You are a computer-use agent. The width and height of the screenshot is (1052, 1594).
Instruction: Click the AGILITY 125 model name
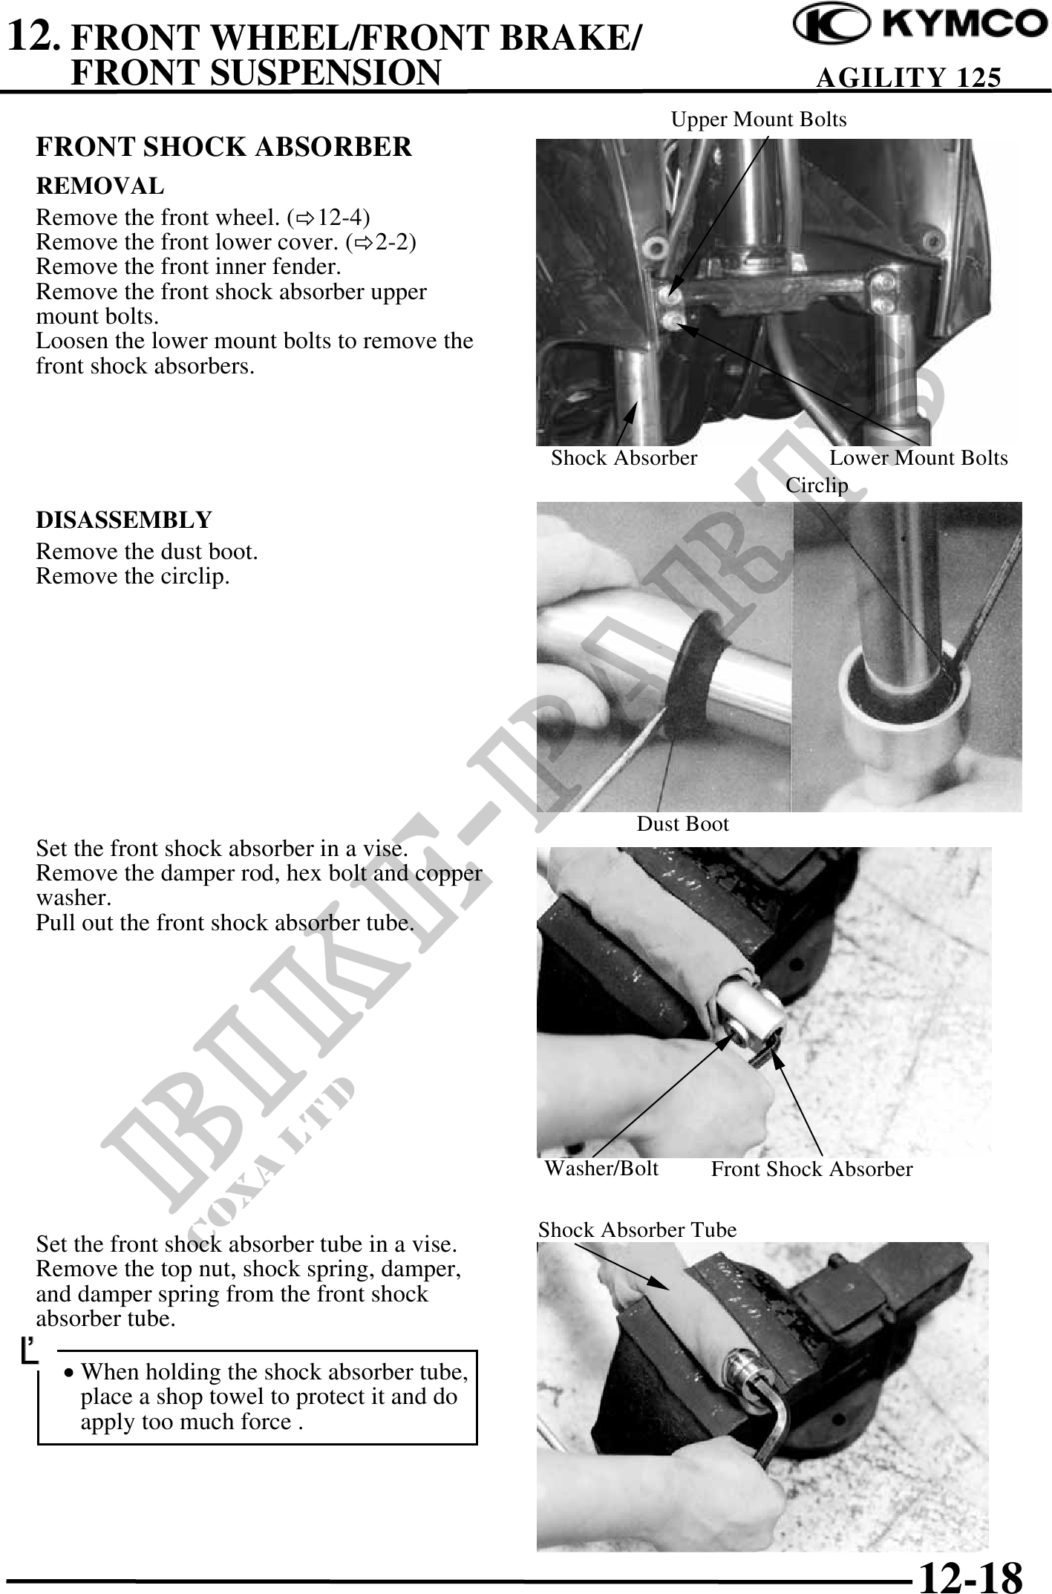908,77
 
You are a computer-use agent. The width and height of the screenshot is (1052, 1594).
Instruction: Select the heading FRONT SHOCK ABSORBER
224,147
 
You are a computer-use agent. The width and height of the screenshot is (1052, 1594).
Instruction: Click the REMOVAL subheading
100,186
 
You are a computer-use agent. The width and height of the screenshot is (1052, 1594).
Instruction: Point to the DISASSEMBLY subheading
124,520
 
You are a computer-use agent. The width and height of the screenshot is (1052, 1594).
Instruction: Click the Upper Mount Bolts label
759,120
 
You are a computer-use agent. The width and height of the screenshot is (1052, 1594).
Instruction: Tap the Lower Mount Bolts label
918,458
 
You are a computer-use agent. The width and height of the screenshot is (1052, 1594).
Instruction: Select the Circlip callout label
817,485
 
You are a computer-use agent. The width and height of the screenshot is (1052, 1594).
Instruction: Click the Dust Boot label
683,823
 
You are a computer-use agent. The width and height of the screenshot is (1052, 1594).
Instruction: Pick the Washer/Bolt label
601,1169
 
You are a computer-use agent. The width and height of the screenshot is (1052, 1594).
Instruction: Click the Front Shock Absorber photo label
811,1169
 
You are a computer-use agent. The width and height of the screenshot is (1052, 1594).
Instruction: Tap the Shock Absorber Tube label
637,1230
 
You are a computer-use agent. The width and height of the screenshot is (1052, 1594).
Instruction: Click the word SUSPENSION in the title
256,72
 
